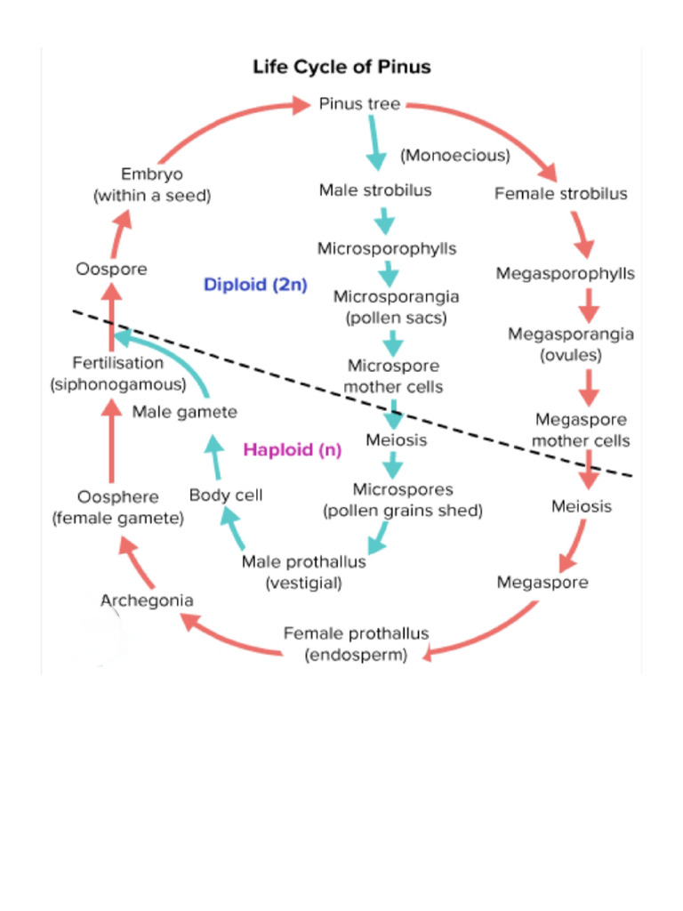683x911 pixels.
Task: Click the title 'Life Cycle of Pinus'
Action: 341,68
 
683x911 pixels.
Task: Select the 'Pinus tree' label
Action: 359,104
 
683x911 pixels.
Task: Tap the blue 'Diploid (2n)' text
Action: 255,286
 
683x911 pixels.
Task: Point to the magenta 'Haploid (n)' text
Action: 293,449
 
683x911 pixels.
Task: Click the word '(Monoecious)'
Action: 454,156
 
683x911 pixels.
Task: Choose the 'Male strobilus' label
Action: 375,190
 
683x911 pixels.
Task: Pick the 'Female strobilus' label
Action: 560,194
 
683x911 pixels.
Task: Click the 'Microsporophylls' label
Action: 387,248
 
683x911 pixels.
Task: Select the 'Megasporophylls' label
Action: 565,273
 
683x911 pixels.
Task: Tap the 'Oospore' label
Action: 111,269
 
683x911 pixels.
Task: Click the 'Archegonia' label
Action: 147,601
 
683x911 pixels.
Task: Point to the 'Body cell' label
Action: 226,495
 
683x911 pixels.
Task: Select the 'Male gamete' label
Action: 185,412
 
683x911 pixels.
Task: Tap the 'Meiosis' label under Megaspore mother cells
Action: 581,506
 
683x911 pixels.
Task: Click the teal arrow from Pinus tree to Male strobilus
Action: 375,144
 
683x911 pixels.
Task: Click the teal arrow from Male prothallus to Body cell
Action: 233,529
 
